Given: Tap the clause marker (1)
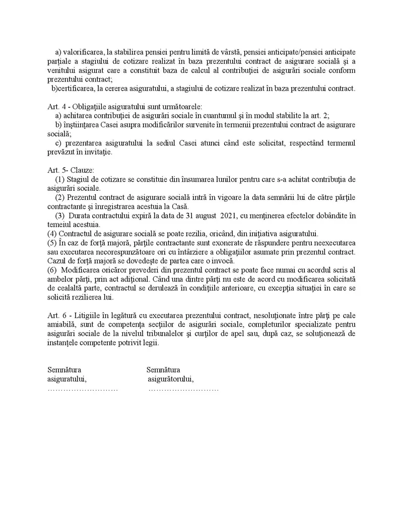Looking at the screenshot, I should click(59, 179).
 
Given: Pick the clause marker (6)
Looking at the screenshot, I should click(52, 270).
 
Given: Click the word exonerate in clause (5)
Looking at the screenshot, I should click(203, 243).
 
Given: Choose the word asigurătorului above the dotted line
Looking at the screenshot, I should click(170, 379).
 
